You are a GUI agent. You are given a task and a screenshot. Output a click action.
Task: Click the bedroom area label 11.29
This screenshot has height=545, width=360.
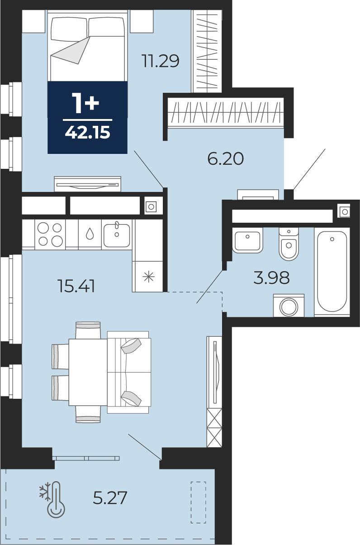161,61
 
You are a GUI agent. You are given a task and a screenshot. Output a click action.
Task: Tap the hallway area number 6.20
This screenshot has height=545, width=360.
225,158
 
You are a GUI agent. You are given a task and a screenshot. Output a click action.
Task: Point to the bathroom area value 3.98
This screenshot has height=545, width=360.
271,277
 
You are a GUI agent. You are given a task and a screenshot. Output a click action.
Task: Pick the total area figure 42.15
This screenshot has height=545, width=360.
87,133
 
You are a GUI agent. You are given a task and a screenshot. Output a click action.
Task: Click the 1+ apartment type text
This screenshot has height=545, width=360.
85,104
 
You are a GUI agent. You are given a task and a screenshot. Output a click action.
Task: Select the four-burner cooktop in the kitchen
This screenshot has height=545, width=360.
50,234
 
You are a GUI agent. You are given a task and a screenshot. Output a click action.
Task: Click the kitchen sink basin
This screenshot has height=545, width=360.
117,235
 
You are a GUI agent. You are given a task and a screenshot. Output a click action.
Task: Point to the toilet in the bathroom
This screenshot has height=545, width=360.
289,244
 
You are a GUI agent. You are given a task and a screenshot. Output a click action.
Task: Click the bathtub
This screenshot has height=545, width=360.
332,272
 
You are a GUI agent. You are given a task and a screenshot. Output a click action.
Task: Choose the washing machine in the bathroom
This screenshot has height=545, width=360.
289,306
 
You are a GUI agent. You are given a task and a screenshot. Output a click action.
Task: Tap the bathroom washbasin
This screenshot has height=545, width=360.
247,241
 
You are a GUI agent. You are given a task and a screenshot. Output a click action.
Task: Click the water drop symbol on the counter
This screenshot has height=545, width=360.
90,234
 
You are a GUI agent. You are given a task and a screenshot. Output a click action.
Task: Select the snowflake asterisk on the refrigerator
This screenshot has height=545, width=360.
149,277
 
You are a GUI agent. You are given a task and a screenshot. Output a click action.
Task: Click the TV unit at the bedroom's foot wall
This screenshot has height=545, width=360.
87,184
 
